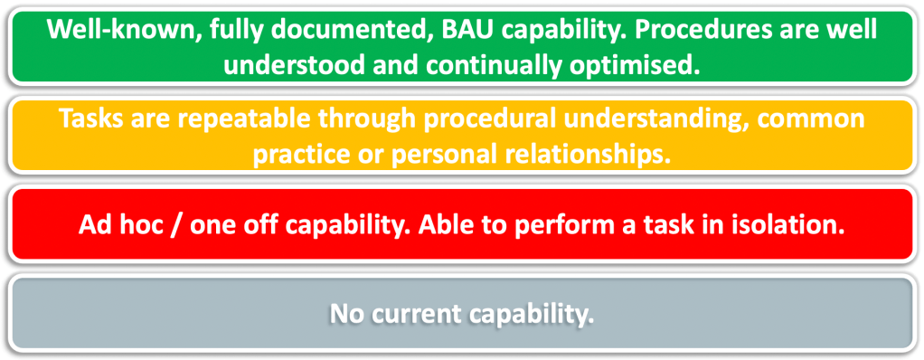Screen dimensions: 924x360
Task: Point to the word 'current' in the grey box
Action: (416, 314)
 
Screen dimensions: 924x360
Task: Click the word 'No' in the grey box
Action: (348, 314)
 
